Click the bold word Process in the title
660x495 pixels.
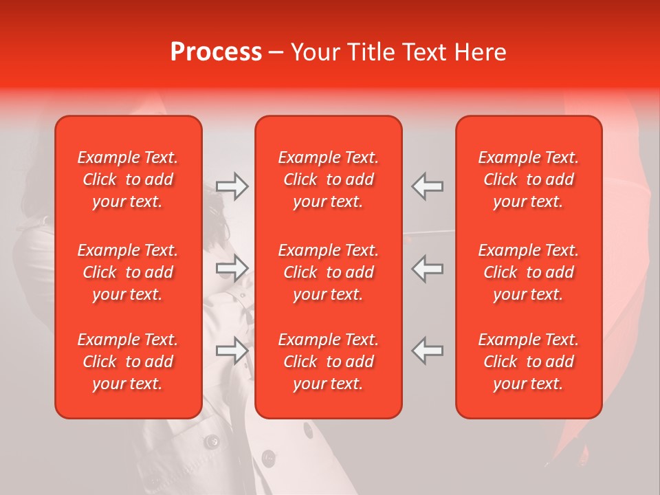pyautogui.click(x=216, y=52)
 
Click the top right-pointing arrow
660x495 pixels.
pyautogui.click(x=232, y=186)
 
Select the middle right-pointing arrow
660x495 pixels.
pyautogui.click(x=232, y=268)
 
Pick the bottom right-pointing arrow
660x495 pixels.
pyautogui.click(x=232, y=351)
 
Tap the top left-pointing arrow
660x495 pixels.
pyautogui.click(x=428, y=186)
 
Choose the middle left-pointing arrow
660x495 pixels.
pyautogui.click(x=428, y=268)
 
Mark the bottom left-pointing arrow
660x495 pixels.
pyautogui.click(x=428, y=351)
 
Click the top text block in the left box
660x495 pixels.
pyautogui.click(x=128, y=179)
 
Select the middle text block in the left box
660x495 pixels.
pyautogui.click(x=128, y=272)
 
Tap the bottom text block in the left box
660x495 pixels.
pyautogui.click(x=128, y=362)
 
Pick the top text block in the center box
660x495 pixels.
pyautogui.click(x=329, y=179)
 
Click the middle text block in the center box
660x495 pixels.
pyautogui.click(x=329, y=272)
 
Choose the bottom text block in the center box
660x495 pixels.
pyautogui.click(x=329, y=362)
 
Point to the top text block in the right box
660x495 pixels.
pyautogui.click(x=529, y=179)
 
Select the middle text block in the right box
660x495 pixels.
pyautogui.click(x=529, y=272)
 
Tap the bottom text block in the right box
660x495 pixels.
pyautogui.click(x=529, y=362)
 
